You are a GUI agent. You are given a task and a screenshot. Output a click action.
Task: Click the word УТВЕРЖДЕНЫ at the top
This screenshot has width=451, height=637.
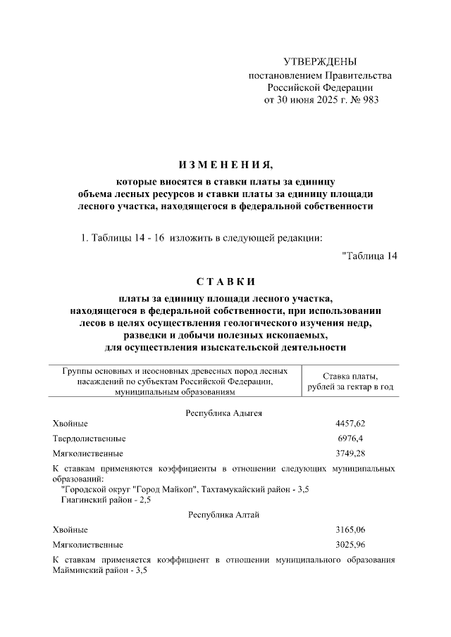[x=320, y=62]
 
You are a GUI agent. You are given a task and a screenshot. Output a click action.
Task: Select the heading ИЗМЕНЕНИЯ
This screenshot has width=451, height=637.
[x=225, y=165]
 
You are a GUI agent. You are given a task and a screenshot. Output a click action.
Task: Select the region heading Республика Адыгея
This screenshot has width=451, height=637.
[x=224, y=412]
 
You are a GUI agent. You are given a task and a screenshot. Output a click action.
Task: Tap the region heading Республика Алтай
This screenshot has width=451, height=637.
[x=224, y=515]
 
